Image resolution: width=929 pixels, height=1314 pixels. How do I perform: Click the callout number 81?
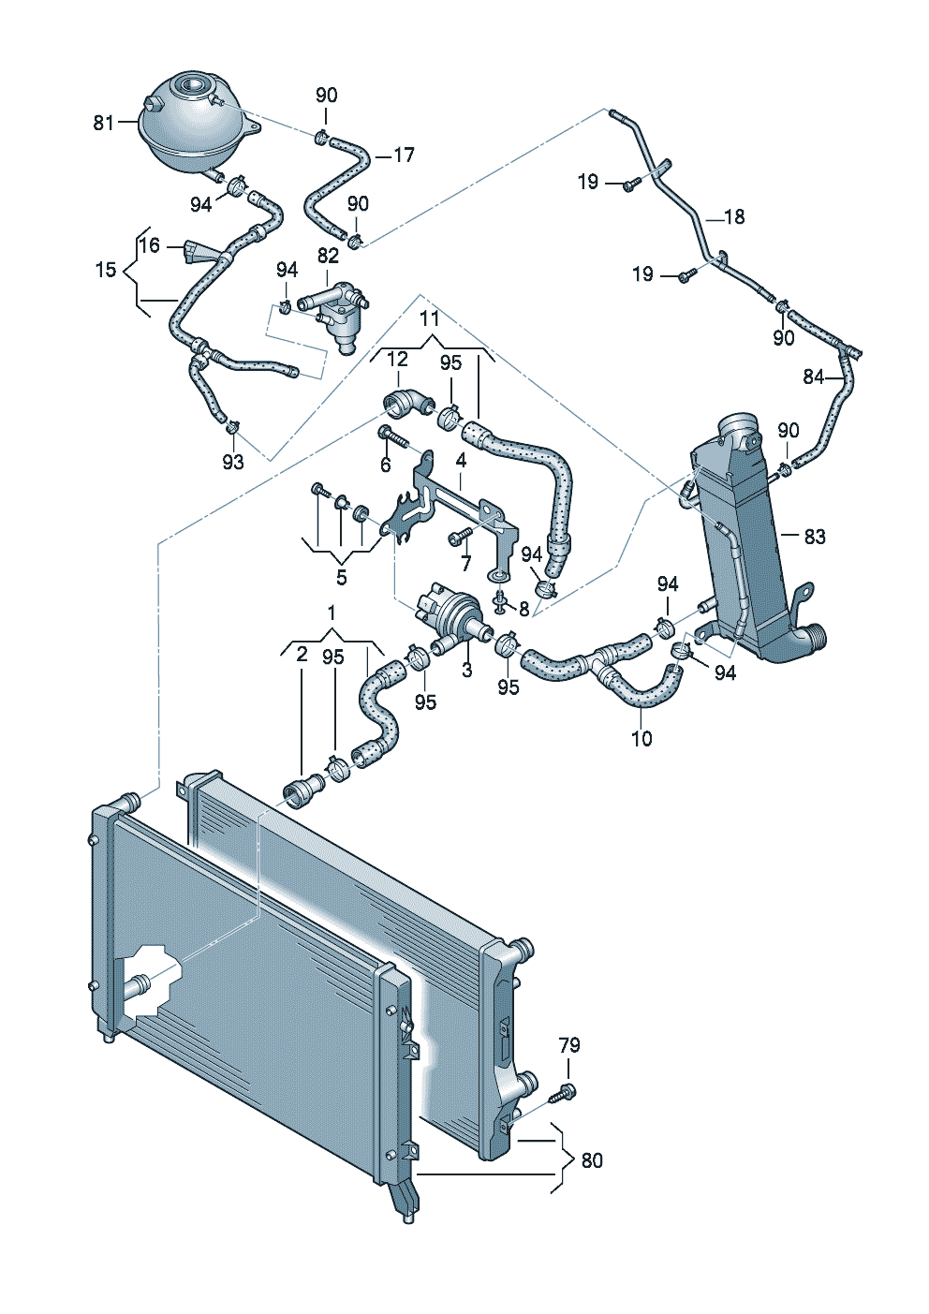coord(103,124)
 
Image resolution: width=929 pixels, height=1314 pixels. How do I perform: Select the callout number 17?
coord(403,155)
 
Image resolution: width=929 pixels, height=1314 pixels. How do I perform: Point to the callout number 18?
coord(734,217)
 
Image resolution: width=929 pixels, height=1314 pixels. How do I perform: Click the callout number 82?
coord(328,256)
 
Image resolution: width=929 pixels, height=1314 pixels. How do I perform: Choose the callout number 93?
coord(233,463)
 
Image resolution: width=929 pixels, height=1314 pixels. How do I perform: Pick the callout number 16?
coord(150,245)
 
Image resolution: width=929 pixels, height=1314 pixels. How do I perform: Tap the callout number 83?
coord(815,536)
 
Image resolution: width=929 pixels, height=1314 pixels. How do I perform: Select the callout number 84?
coord(814,377)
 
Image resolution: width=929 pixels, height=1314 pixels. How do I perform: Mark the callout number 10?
coord(641,739)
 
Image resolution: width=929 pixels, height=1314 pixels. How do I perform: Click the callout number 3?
coord(467,670)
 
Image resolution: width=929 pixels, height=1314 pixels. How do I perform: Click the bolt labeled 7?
coord(460,536)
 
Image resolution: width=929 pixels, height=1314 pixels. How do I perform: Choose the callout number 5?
coord(341,578)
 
